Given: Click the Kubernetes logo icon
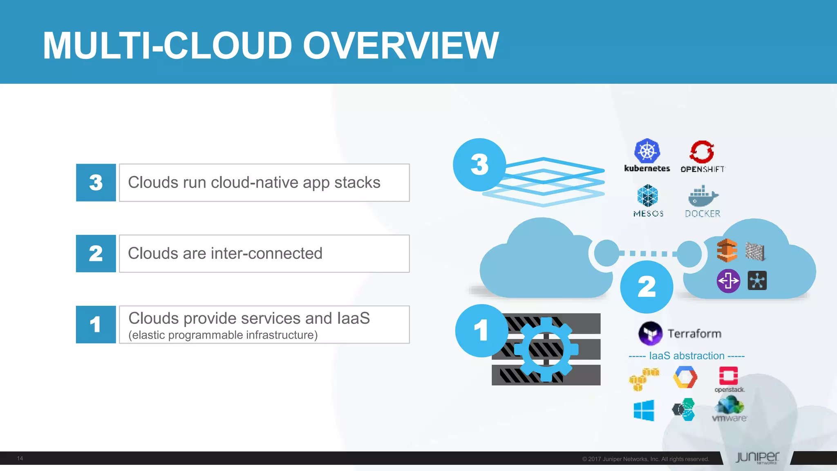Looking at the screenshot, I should pyautogui.click(x=647, y=151).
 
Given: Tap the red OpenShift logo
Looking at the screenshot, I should pyautogui.click(x=702, y=152).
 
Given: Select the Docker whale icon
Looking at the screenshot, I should pyautogui.click(x=703, y=196).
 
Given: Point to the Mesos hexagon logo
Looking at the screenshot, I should pyautogui.click(x=648, y=195).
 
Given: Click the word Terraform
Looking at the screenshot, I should pyautogui.click(x=694, y=334).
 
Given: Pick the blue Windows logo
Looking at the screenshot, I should pyautogui.click(x=644, y=410).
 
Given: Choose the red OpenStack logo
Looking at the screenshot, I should pyautogui.click(x=728, y=376).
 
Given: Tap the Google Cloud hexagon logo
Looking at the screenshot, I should pyautogui.click(x=685, y=377).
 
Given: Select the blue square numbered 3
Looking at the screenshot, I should pyautogui.click(x=96, y=183).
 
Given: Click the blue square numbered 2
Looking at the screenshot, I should pyautogui.click(x=96, y=253).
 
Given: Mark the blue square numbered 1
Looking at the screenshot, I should pyautogui.click(x=96, y=325).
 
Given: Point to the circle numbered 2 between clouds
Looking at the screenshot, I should pyautogui.click(x=647, y=287).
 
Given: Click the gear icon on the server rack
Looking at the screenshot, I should pyautogui.click(x=546, y=349).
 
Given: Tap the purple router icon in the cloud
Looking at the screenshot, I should pyautogui.click(x=728, y=281).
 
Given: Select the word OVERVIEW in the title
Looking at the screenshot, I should pyautogui.click(x=401, y=45).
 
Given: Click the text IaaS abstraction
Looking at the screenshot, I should pyautogui.click(x=687, y=356).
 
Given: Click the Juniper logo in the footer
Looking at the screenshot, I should pyautogui.click(x=757, y=458).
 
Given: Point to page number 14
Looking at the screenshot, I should pyautogui.click(x=20, y=458).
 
